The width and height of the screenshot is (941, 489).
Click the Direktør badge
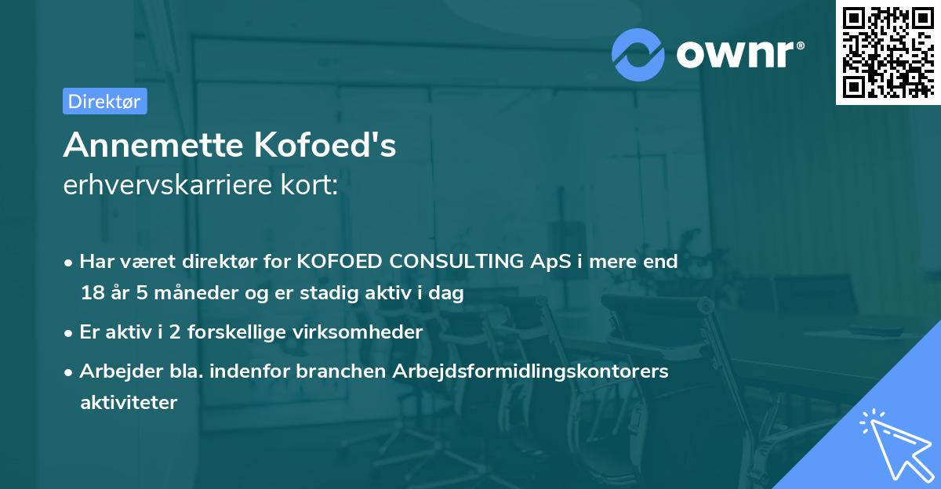[104, 100]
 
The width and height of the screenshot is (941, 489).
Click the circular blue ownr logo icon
[638, 54]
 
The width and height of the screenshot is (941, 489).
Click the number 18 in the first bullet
[91, 294]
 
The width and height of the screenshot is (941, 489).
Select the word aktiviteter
[129, 403]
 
